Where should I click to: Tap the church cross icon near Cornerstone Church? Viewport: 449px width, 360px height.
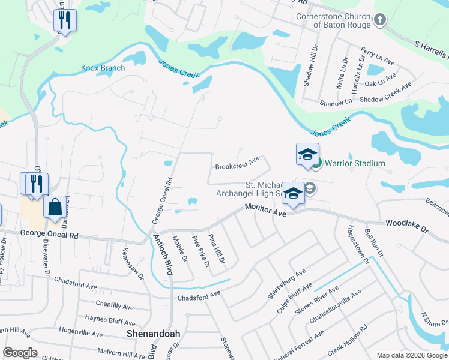tap(379, 20)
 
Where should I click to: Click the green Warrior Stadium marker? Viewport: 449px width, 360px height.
tap(317, 163)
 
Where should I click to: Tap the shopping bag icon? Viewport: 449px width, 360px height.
tap(55, 207)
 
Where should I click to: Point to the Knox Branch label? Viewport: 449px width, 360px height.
tap(103, 68)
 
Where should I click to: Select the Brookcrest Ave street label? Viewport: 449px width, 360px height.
tap(237, 162)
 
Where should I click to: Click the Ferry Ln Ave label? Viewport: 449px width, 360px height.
tap(378, 57)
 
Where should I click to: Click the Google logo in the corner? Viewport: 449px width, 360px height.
tap(20, 353)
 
